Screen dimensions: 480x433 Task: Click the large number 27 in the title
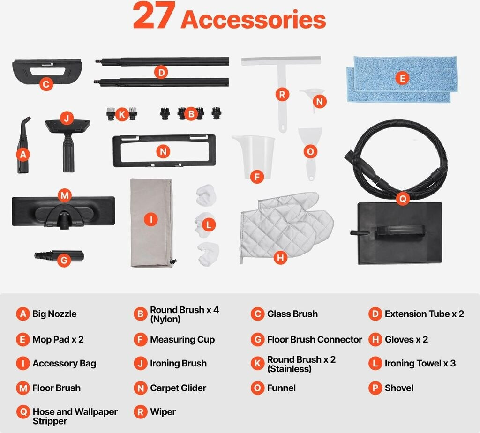tap(154, 15)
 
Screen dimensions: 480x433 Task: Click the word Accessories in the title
tap(254, 20)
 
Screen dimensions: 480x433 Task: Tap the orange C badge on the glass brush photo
tap(46, 84)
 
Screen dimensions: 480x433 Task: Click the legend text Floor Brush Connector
tap(315, 339)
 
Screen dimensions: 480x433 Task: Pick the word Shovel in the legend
tap(399, 388)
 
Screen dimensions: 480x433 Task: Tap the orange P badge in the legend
tap(375, 388)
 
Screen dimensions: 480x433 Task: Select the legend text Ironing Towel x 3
tap(420, 363)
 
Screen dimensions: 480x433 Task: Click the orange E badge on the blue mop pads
tap(402, 78)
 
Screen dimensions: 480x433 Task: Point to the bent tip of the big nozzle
tap(28, 119)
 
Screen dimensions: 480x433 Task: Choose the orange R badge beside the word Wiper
tap(141, 412)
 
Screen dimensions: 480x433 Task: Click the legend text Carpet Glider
tap(178, 388)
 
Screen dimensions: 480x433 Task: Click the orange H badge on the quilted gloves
tap(280, 258)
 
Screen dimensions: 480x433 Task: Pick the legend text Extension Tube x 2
tap(424, 314)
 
